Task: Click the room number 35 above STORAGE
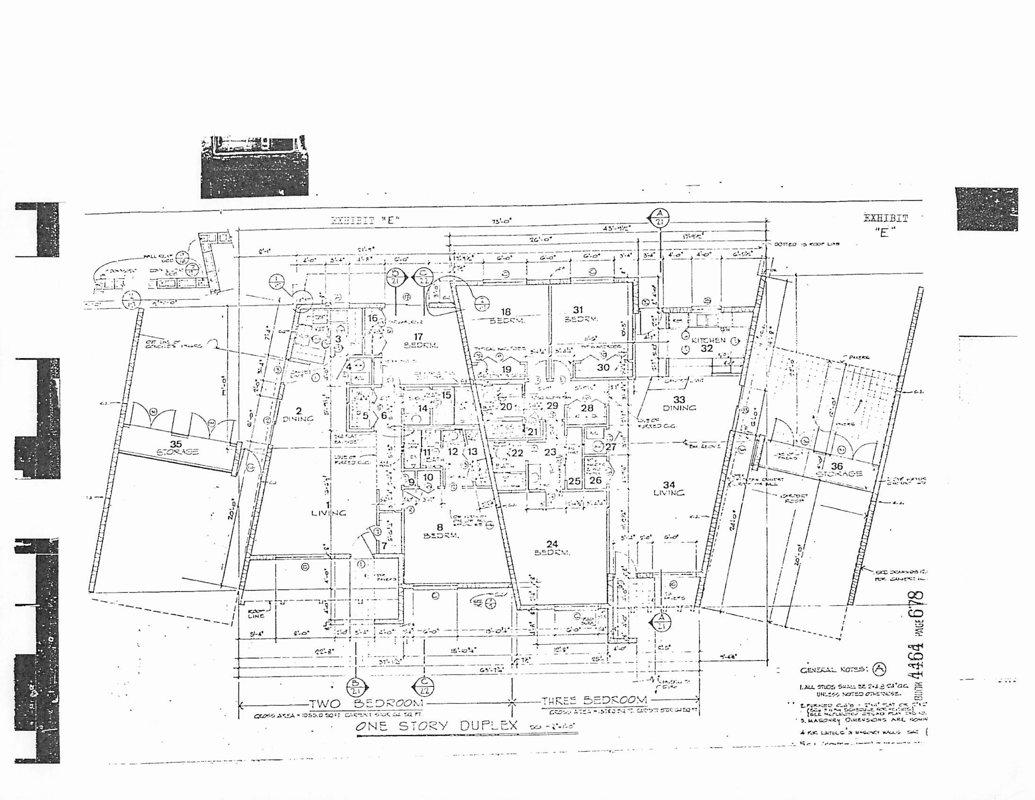coord(176,444)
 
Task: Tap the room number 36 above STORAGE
coord(837,466)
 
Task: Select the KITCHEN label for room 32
coord(709,340)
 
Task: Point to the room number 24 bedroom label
coord(552,544)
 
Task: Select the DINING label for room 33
coord(679,408)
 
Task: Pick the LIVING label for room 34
coord(669,492)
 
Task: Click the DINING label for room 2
coord(298,419)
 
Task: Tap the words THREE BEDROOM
coord(594,700)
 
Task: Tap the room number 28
coord(587,408)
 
